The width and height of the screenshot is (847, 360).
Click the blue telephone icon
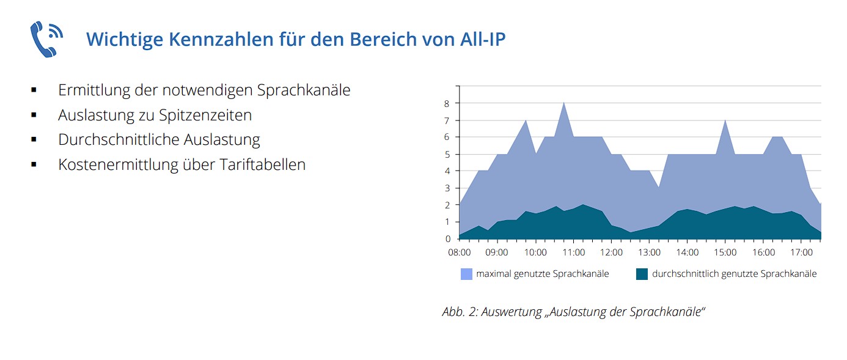tap(46, 39)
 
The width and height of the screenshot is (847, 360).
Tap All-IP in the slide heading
tap(481, 39)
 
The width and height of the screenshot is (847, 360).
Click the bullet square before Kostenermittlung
tap(34, 164)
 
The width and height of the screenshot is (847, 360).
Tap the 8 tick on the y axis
tap(447, 103)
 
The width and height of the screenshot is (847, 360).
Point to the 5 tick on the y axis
tap(447, 154)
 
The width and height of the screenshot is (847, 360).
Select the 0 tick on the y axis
tap(447, 239)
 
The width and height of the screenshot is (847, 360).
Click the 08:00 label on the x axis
tap(459, 252)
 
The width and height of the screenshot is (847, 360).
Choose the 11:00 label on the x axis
tap(573, 252)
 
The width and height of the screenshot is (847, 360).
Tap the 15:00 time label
tap(725, 252)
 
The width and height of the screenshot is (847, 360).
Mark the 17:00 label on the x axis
tap(801, 252)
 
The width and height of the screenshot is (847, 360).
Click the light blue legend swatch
tap(466, 274)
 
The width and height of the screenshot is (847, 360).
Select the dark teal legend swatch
tap(642, 274)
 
